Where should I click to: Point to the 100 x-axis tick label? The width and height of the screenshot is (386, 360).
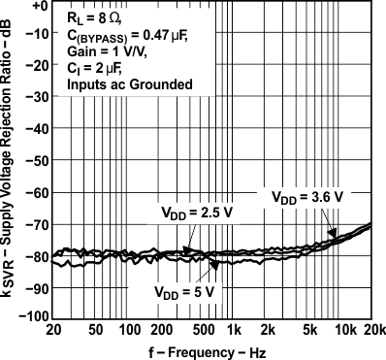pos(125,330)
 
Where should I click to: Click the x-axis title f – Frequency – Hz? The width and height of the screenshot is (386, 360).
pos(210,350)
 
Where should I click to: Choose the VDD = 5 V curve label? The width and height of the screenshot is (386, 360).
pos(189,289)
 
